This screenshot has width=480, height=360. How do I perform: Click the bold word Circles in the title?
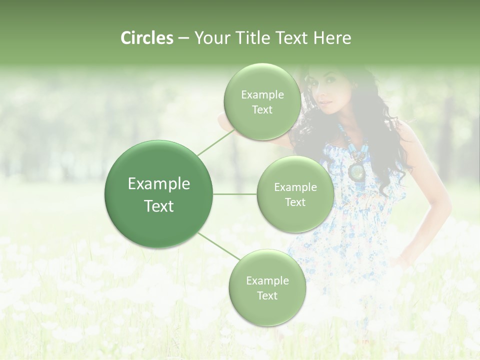[x=146, y=38]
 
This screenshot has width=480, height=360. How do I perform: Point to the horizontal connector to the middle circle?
[x=234, y=194]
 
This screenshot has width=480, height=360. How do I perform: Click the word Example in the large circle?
[x=159, y=184]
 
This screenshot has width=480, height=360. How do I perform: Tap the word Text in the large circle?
[x=159, y=206]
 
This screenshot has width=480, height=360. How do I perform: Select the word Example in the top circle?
[x=262, y=95]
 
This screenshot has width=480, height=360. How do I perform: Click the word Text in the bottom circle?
[x=267, y=295]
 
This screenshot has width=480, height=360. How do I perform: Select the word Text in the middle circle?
[x=295, y=202]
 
